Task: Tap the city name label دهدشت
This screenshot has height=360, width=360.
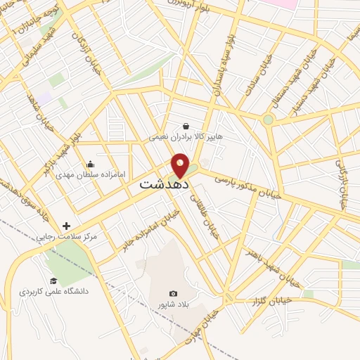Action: coord(157,185)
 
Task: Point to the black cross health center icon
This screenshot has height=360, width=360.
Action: coord(66,226)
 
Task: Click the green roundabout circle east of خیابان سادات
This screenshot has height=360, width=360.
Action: coord(268,120)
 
